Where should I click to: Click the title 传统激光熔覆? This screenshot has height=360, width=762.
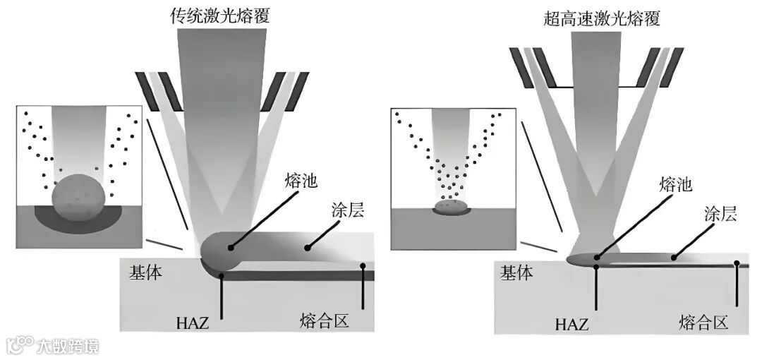(221, 16)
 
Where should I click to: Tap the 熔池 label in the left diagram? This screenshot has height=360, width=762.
(300, 180)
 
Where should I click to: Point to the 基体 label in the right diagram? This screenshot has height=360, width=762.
(516, 272)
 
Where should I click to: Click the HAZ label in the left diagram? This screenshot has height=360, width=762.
(193, 324)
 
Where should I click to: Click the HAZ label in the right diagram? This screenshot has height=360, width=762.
(572, 325)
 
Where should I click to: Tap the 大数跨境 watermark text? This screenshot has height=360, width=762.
(68, 346)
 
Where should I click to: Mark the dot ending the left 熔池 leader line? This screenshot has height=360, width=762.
(231, 248)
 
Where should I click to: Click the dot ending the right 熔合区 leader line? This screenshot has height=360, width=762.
(737, 264)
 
